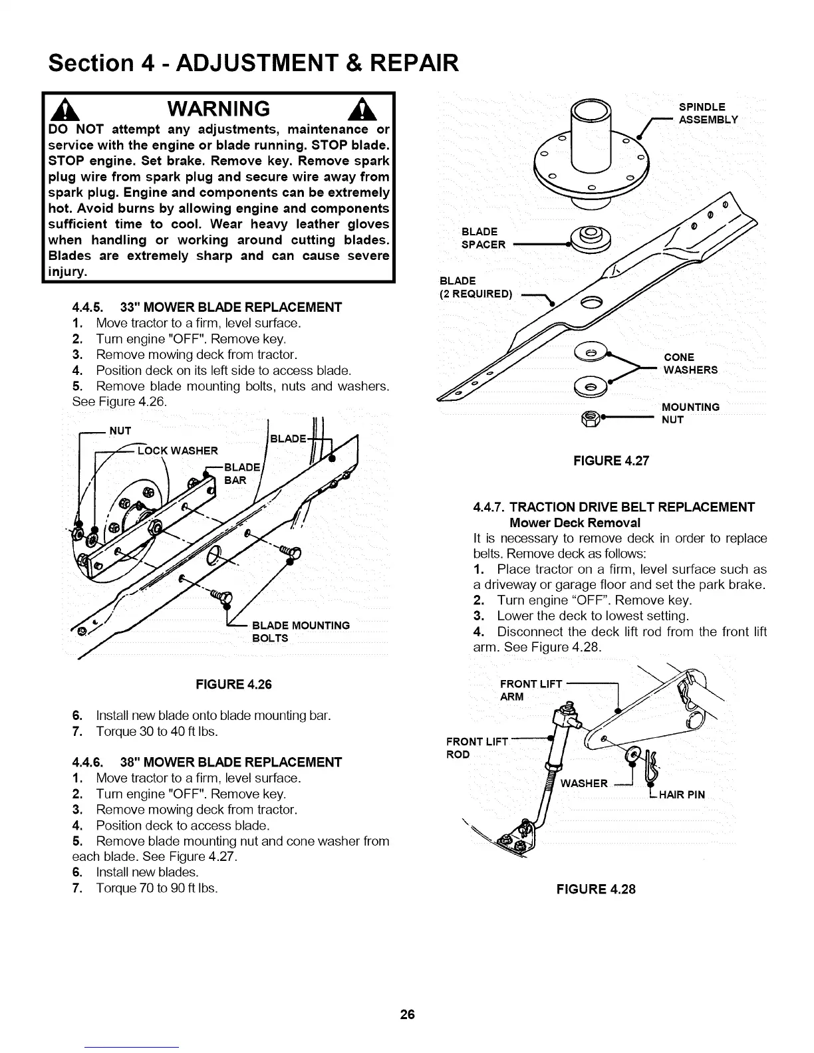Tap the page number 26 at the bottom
click(x=407, y=1014)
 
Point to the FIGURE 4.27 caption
click(x=610, y=461)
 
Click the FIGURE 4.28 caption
click(x=595, y=889)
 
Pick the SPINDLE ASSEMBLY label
click(x=708, y=113)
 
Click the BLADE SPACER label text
click(x=483, y=238)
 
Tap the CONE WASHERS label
click(x=690, y=364)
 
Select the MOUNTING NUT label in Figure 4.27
click(x=690, y=413)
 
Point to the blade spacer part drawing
click(x=591, y=237)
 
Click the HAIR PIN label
click(x=681, y=794)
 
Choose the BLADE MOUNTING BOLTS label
click(x=301, y=632)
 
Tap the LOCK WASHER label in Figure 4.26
click(x=177, y=451)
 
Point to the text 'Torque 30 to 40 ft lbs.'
click(x=157, y=731)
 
